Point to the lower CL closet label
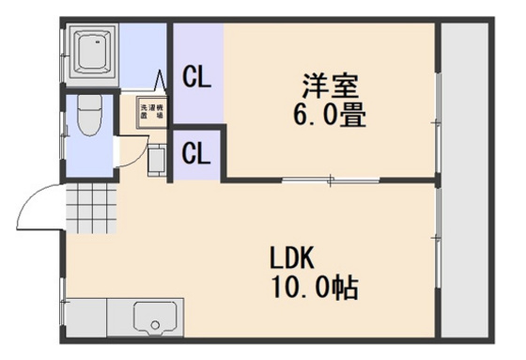(196, 152)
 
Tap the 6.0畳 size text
(328, 116)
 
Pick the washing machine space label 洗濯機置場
(151, 112)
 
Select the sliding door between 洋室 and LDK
(330, 179)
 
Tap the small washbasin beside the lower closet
(156, 161)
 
